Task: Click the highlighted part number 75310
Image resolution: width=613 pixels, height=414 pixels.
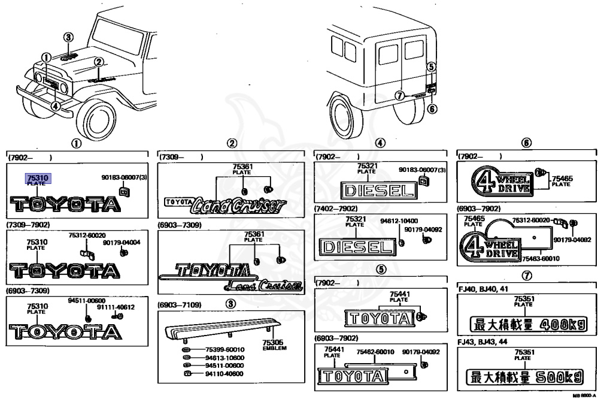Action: point(37,177)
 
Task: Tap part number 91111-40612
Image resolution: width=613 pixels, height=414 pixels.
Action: point(116,307)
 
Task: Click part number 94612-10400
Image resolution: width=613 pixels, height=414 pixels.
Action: point(399,220)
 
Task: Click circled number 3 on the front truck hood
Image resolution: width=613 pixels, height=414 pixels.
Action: point(69,37)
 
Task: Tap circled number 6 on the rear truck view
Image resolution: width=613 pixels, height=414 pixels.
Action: point(433,108)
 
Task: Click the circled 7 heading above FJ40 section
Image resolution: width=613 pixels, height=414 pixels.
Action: point(526,276)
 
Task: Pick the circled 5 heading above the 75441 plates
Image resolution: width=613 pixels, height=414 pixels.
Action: point(381,268)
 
